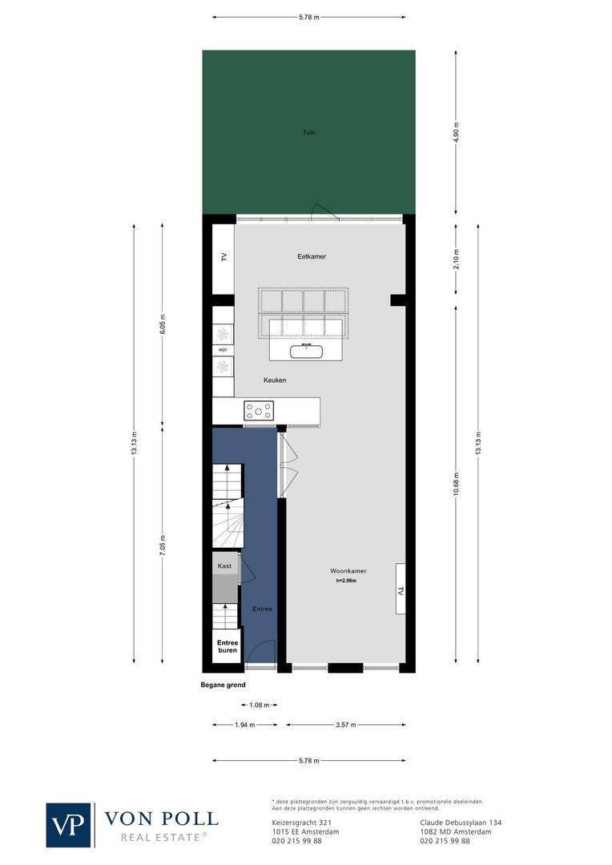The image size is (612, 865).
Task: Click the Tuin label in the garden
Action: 308,131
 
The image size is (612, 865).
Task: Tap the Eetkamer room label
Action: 311,256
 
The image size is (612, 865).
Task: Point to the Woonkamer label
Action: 348,571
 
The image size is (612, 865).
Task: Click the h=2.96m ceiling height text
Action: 346,581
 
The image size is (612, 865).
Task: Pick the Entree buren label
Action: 227,646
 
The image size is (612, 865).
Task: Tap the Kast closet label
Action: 224,565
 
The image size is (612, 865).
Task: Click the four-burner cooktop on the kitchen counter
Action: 259,411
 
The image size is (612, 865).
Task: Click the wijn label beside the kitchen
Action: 223,350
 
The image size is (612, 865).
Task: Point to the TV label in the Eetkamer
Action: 224,257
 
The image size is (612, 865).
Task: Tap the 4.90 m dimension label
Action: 457,131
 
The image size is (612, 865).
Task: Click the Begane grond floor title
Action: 223,685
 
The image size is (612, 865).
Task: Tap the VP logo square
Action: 69,825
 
